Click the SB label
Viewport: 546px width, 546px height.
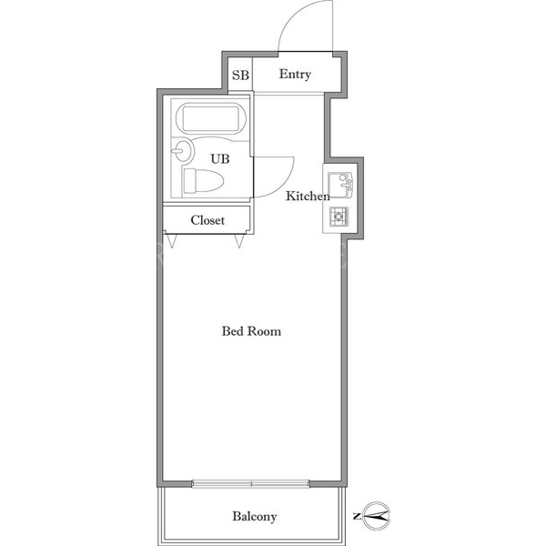(x=240, y=75)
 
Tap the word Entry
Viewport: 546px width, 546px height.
(x=295, y=75)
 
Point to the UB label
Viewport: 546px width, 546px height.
(x=220, y=158)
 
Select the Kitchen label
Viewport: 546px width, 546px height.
(x=308, y=196)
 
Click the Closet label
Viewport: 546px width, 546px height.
(x=207, y=220)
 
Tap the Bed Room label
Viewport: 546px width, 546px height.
(x=251, y=331)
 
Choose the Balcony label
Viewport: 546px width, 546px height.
(x=255, y=516)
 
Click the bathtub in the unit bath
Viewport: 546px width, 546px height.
(x=211, y=118)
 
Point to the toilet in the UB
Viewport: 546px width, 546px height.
(x=203, y=180)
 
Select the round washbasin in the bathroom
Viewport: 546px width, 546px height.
(x=184, y=151)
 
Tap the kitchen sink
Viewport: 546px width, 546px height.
(x=340, y=185)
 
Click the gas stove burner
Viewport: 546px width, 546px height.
(x=339, y=217)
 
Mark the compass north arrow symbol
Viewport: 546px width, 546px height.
(x=377, y=515)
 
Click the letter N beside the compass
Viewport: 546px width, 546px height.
(x=357, y=516)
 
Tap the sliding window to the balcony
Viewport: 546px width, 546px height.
(x=251, y=483)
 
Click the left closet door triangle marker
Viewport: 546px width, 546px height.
(x=172, y=240)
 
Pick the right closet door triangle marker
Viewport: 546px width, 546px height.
(x=238, y=240)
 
